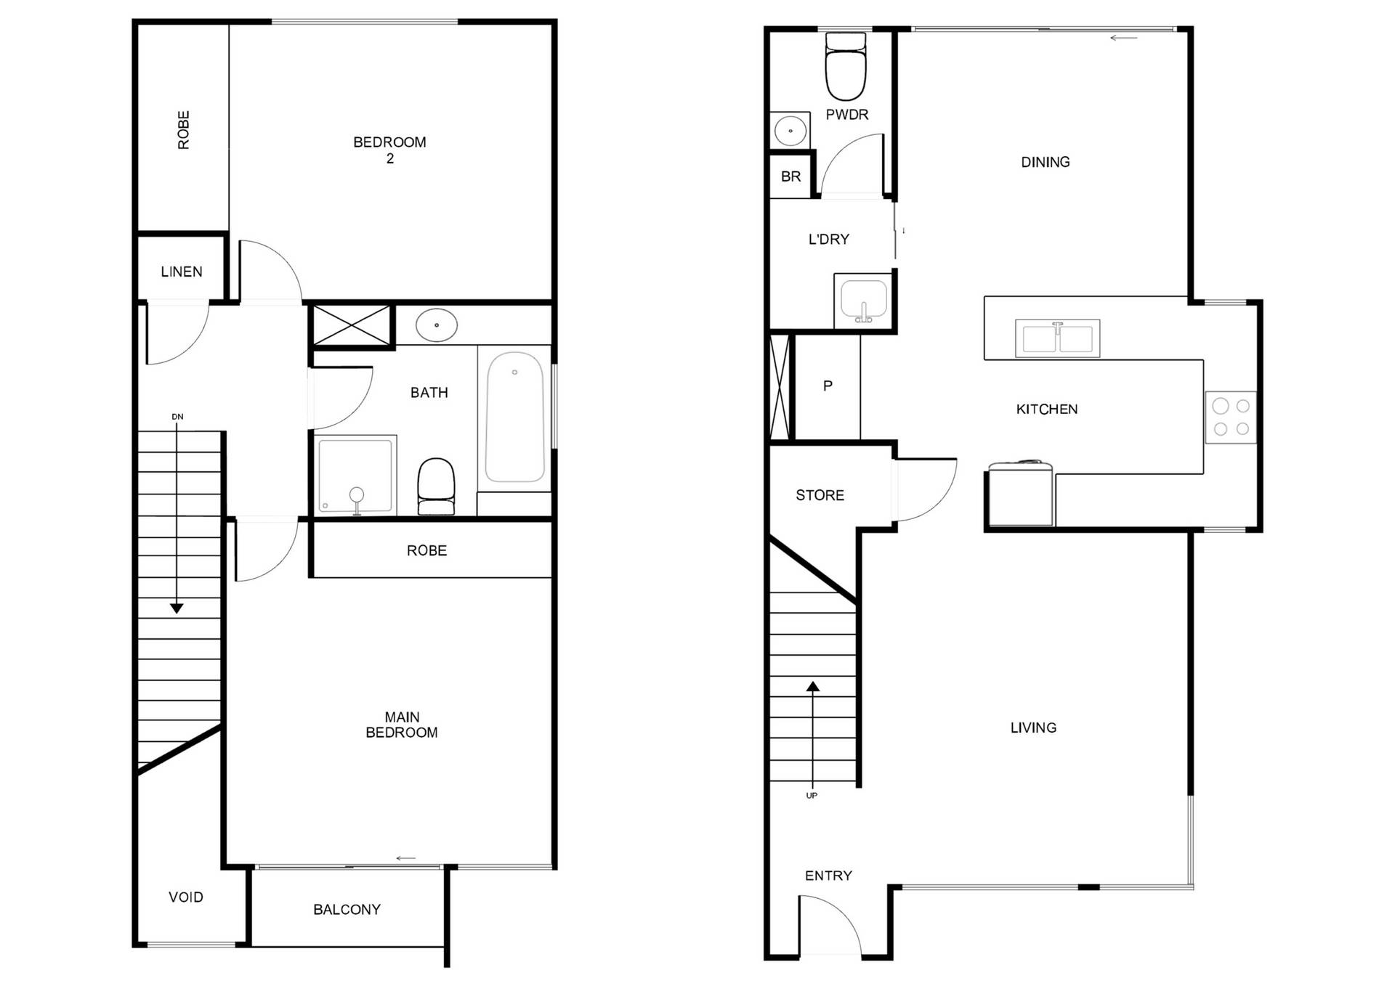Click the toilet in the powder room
click(846, 66)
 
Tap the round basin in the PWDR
click(790, 131)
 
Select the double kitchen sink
click(1057, 338)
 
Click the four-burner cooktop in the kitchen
click(1231, 417)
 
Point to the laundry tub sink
click(864, 301)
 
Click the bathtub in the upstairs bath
click(514, 417)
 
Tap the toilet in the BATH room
click(436, 486)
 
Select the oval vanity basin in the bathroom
click(436, 325)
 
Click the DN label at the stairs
click(177, 417)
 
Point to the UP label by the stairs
click(812, 796)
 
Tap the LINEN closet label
click(182, 272)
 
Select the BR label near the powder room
click(790, 176)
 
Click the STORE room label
click(820, 495)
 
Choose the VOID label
click(186, 897)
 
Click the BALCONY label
click(347, 910)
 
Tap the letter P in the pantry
click(828, 386)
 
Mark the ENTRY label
click(828, 876)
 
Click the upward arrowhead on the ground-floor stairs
click(813, 686)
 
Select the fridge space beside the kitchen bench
click(1020, 494)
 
